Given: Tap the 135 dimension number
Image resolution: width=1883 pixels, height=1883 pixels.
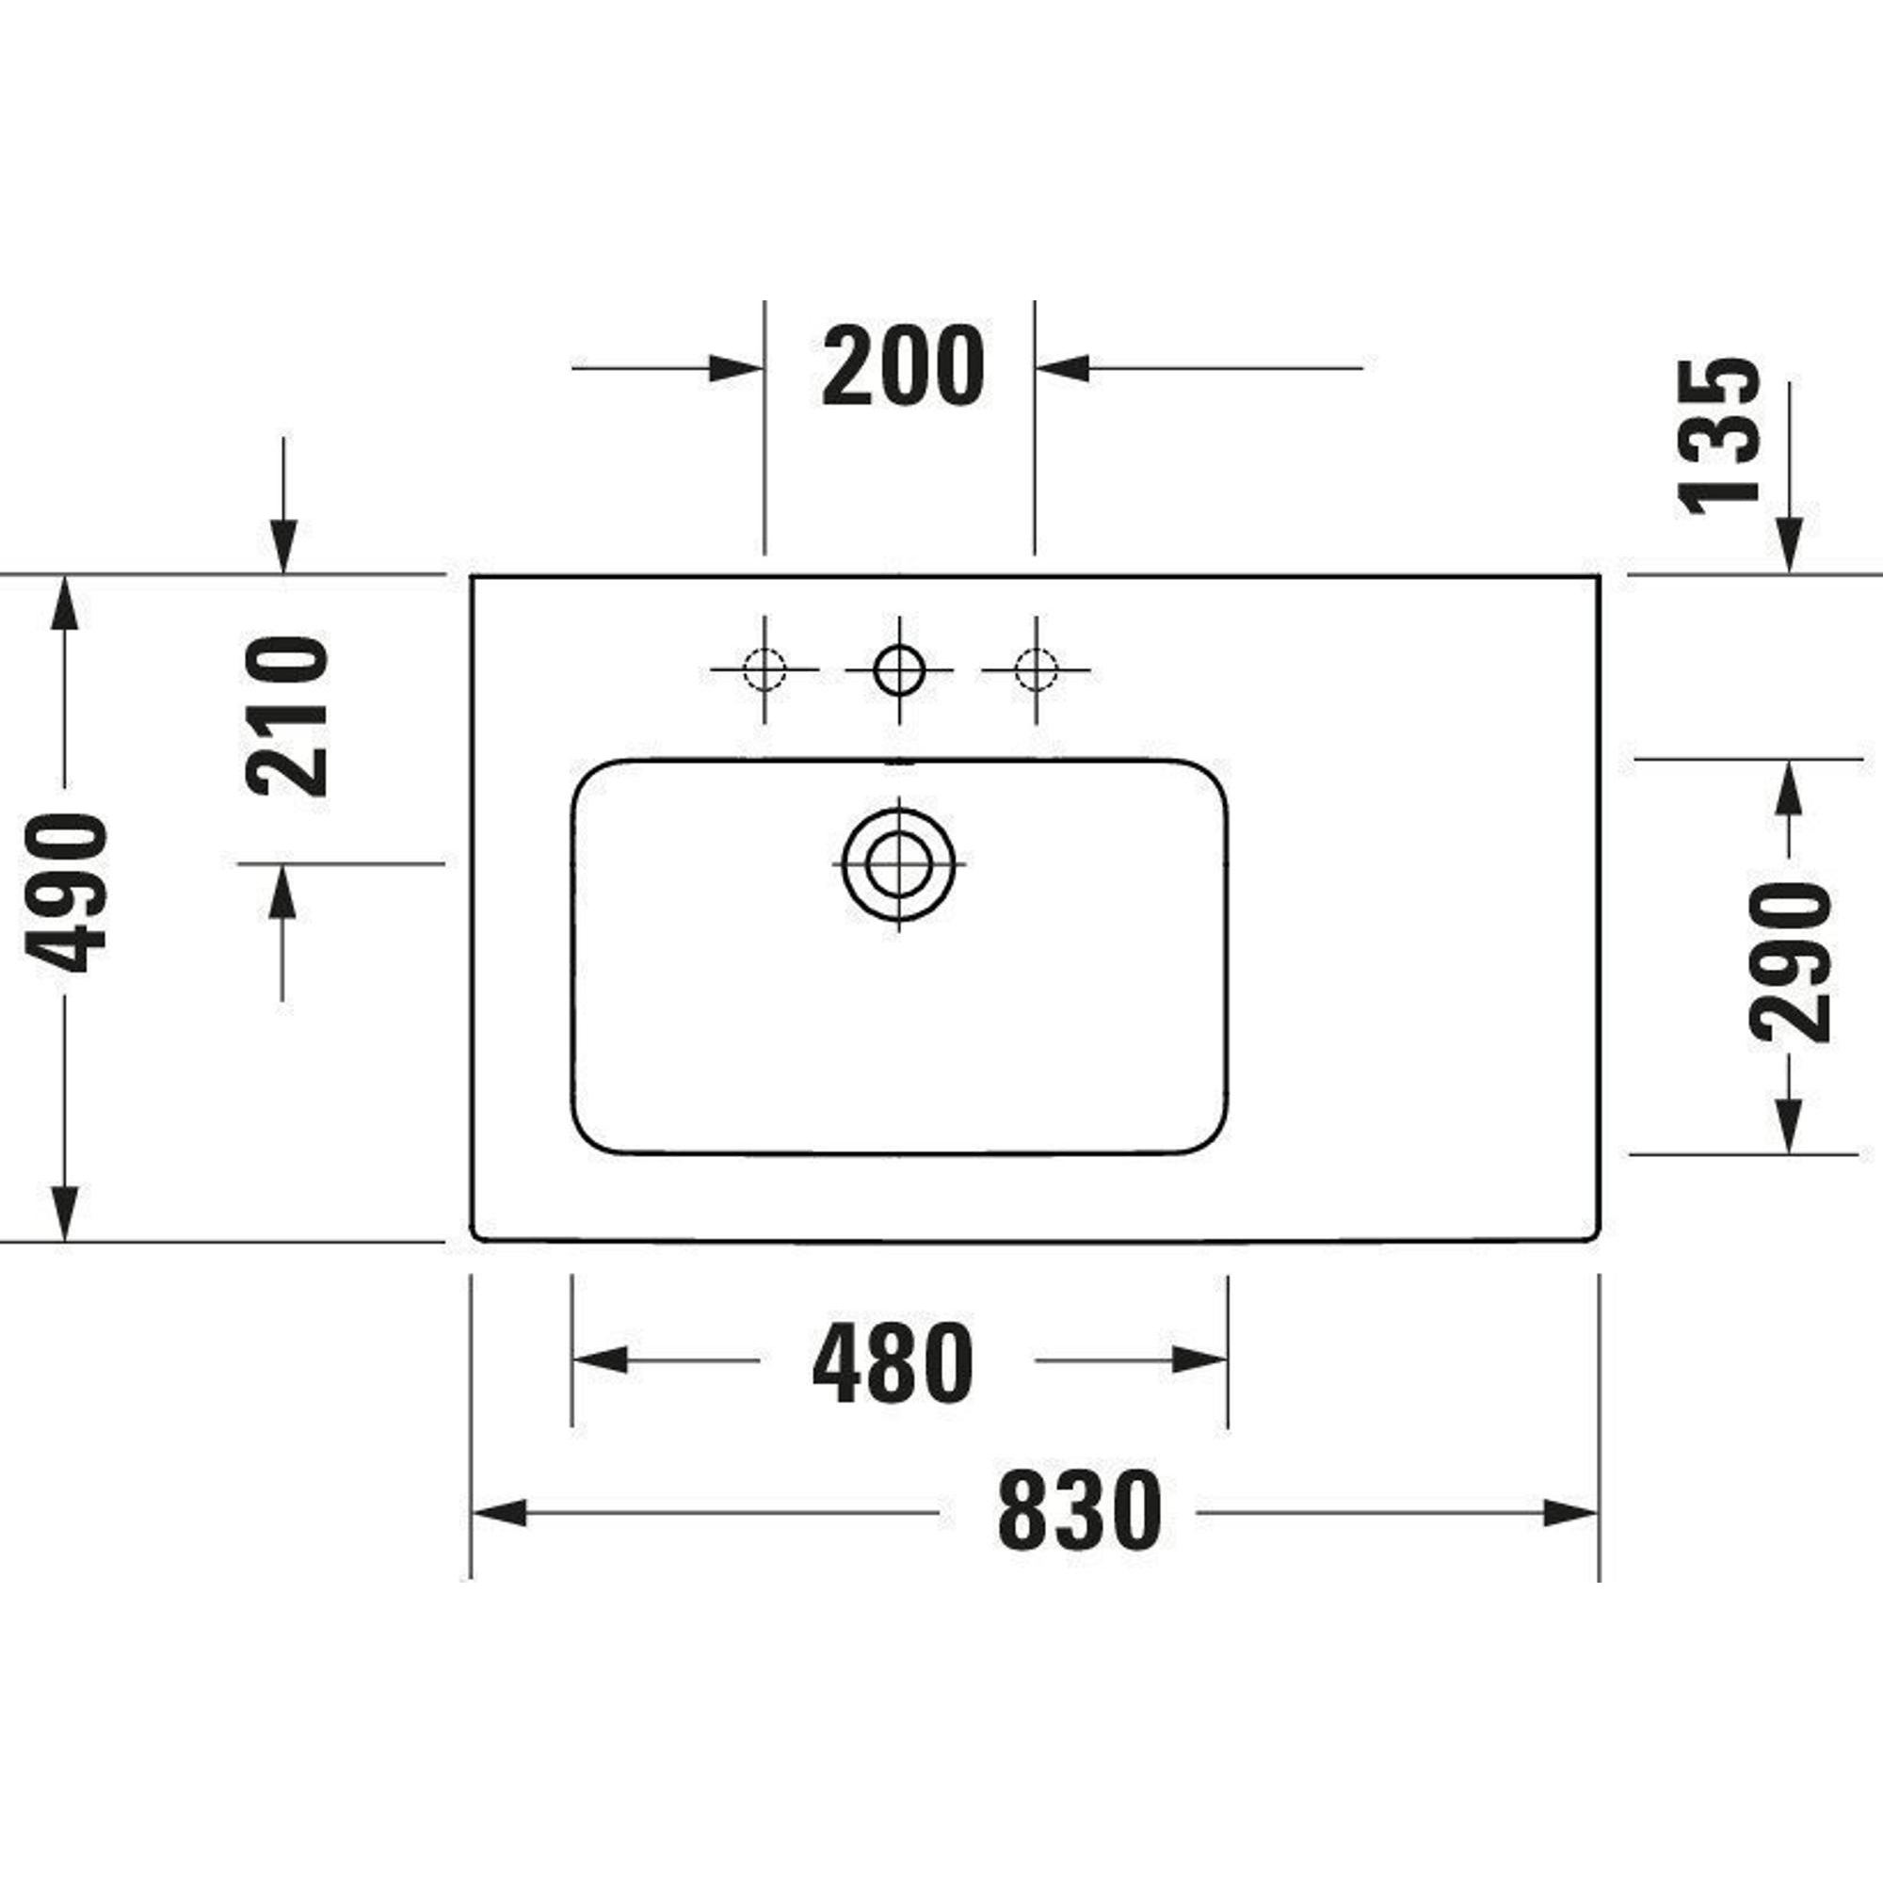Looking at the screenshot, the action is click(1720, 436).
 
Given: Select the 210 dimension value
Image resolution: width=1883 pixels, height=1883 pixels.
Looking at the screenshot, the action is click(285, 716).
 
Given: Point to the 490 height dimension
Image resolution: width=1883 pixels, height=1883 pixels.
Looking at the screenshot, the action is click(65, 893).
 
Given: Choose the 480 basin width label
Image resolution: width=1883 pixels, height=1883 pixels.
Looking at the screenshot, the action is click(892, 1362).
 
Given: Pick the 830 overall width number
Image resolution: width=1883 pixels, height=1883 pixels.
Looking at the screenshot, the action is click(1080, 1512).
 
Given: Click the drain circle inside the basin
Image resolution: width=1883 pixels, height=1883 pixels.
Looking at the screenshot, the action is click(898, 864).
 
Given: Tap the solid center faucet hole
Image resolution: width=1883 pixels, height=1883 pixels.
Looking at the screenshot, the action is click(898, 669).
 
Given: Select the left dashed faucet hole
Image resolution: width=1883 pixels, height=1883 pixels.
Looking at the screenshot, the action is click(764, 669).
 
